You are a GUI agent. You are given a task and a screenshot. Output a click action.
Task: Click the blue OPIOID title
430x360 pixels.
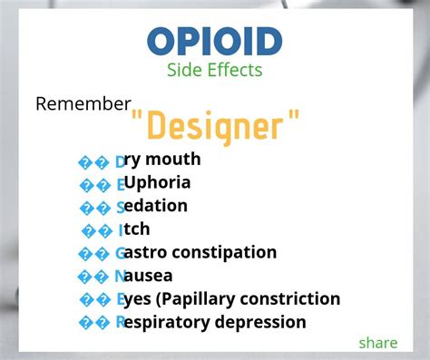click(214, 41)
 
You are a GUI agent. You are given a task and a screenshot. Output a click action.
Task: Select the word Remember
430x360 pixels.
click(83, 103)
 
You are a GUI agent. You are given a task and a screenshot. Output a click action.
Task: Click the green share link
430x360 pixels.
click(377, 342)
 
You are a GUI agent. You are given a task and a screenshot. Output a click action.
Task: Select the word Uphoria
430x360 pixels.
click(158, 183)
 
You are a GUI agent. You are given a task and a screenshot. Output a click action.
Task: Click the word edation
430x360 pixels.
click(158, 206)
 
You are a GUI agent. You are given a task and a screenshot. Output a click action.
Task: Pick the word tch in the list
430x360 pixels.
click(138, 229)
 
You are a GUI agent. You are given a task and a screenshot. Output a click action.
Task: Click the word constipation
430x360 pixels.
click(227, 252)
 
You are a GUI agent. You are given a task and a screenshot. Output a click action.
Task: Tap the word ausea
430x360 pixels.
click(151, 276)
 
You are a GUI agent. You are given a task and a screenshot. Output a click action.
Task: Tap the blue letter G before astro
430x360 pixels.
click(121, 253)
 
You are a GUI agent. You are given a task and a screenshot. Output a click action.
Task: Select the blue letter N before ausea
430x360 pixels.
click(121, 276)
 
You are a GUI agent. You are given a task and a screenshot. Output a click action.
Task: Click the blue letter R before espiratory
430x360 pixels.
click(121, 322)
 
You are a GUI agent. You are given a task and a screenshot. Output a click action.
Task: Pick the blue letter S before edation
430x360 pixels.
click(121, 207)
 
